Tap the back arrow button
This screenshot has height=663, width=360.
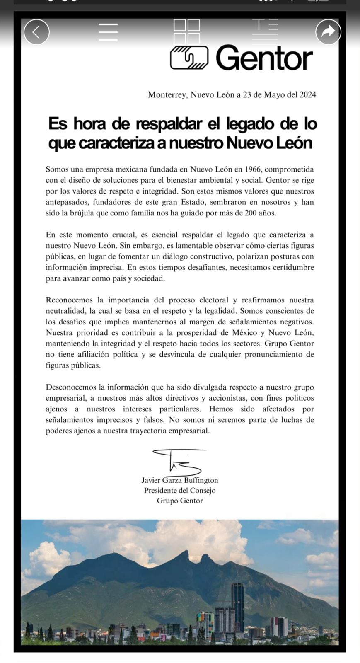[36, 32]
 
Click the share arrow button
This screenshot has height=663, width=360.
[328, 31]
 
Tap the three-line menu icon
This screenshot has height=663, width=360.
[108, 32]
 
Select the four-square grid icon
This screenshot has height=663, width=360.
[186, 31]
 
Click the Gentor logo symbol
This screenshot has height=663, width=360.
[189, 58]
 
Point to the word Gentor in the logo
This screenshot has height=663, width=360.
[264, 58]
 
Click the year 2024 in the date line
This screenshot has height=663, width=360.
[308, 95]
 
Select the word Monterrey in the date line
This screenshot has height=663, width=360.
[167, 95]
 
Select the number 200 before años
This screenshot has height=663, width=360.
[245, 213]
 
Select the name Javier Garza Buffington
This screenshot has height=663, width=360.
[180, 480]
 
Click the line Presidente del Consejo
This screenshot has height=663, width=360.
[180, 491]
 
